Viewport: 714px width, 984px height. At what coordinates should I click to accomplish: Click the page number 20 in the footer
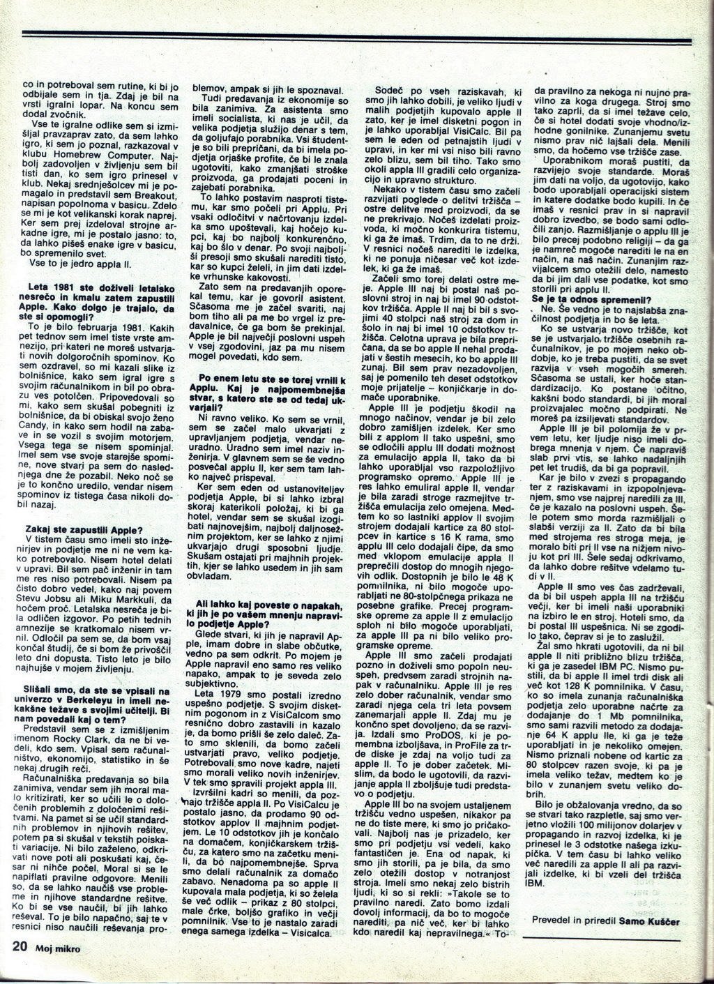click(x=18, y=946)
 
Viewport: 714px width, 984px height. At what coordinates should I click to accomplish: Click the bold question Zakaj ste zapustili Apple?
click(x=84, y=528)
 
